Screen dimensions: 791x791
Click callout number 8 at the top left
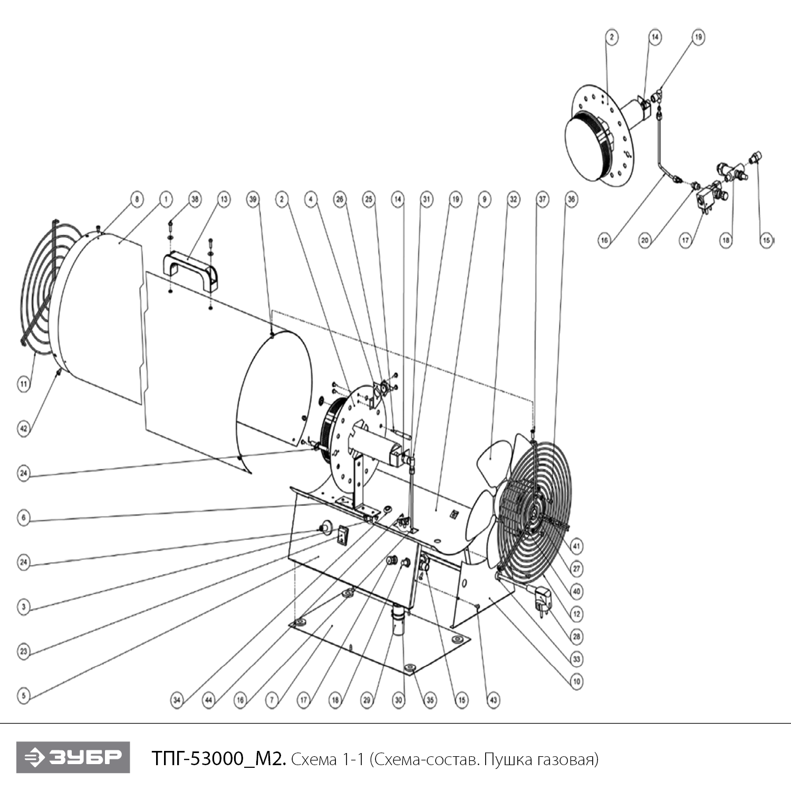(x=137, y=199)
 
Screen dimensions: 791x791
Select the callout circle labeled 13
(x=224, y=199)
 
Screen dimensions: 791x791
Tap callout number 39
(x=253, y=199)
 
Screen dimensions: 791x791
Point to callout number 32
(x=513, y=199)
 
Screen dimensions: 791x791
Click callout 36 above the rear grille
(x=571, y=199)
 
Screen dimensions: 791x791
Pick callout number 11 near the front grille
(x=23, y=384)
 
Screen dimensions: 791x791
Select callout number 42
(x=23, y=429)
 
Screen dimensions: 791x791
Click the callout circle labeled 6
(x=23, y=518)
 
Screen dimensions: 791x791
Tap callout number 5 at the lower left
(x=23, y=696)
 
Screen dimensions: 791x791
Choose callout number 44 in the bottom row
(x=209, y=700)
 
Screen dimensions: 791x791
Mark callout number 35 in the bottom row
(x=430, y=700)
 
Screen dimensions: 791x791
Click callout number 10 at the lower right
(x=576, y=681)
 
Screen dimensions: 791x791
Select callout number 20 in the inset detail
(x=645, y=240)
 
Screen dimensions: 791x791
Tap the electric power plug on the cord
(x=543, y=599)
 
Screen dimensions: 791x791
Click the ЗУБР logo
(x=73, y=757)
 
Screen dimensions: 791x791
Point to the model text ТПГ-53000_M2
(x=219, y=759)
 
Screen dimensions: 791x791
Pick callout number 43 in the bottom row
(x=493, y=700)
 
